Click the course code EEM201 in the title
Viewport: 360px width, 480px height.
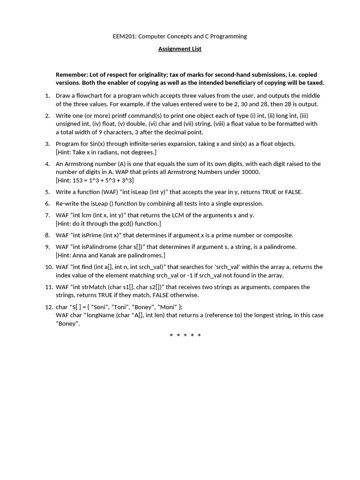click(x=124, y=36)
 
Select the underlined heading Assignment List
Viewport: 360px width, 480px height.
click(x=180, y=49)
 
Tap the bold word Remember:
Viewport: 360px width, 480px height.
click(x=71, y=75)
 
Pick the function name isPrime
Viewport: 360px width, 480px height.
click(x=99, y=235)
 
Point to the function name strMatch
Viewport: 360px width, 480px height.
click(x=100, y=287)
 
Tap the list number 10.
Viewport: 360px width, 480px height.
click(x=49, y=267)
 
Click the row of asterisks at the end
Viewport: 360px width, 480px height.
click(x=185, y=336)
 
